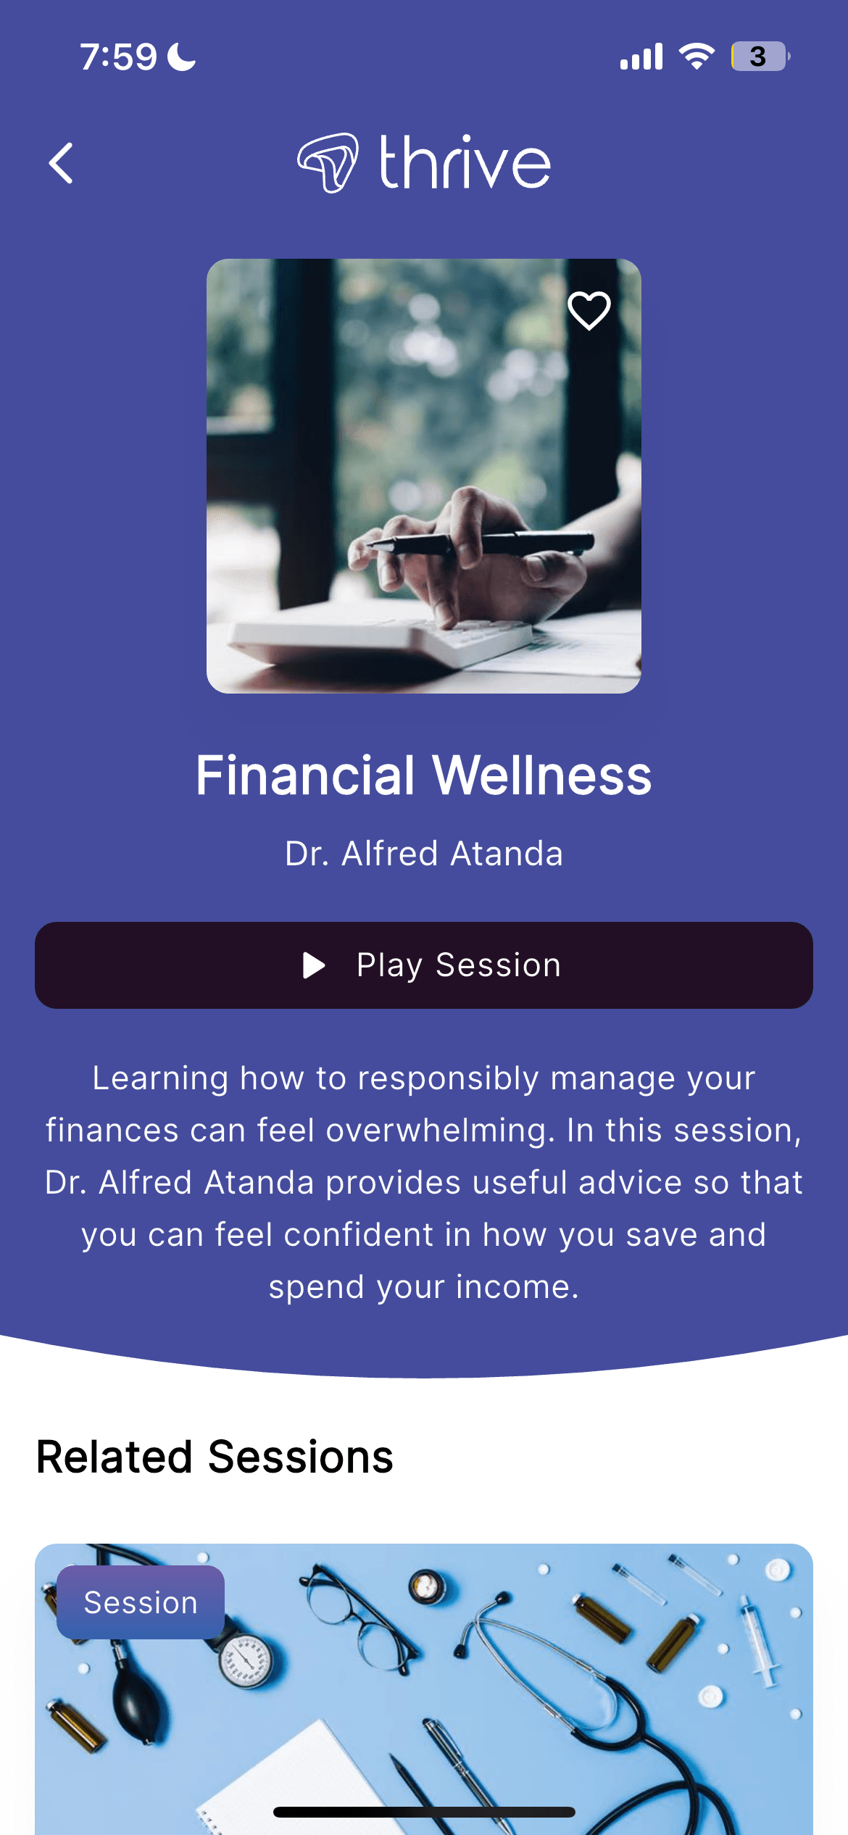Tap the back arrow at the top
click(x=61, y=163)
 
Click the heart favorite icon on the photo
click(x=589, y=310)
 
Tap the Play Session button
click(x=424, y=965)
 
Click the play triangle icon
click(x=314, y=965)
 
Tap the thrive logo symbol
click(x=328, y=162)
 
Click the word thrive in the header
click(x=465, y=162)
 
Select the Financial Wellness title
click(x=424, y=775)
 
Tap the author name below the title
click(x=424, y=853)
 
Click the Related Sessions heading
click(x=215, y=1457)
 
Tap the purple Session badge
click(x=141, y=1602)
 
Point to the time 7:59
click(x=118, y=57)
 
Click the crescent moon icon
click(x=181, y=57)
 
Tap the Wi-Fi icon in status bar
click(x=697, y=56)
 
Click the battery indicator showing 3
click(x=760, y=57)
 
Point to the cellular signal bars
click(x=641, y=57)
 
